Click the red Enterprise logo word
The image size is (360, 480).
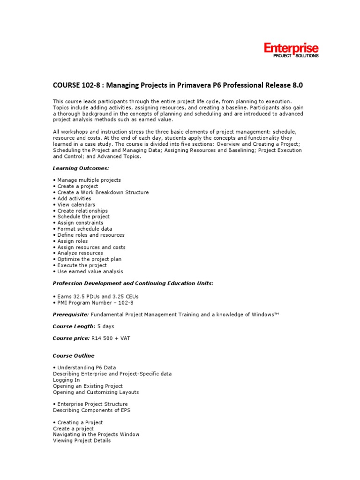pos(291,48)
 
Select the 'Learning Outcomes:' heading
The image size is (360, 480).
pos(81,168)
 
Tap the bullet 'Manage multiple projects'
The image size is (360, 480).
pos(89,180)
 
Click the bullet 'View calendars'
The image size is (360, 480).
pos(76,204)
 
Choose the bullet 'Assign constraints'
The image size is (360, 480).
pos(80,223)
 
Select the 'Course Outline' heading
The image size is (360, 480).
pos(74,356)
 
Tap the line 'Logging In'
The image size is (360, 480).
pos(66,380)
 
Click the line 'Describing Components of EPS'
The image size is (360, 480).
pos(92,410)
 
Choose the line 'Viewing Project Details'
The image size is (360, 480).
pos(82,441)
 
